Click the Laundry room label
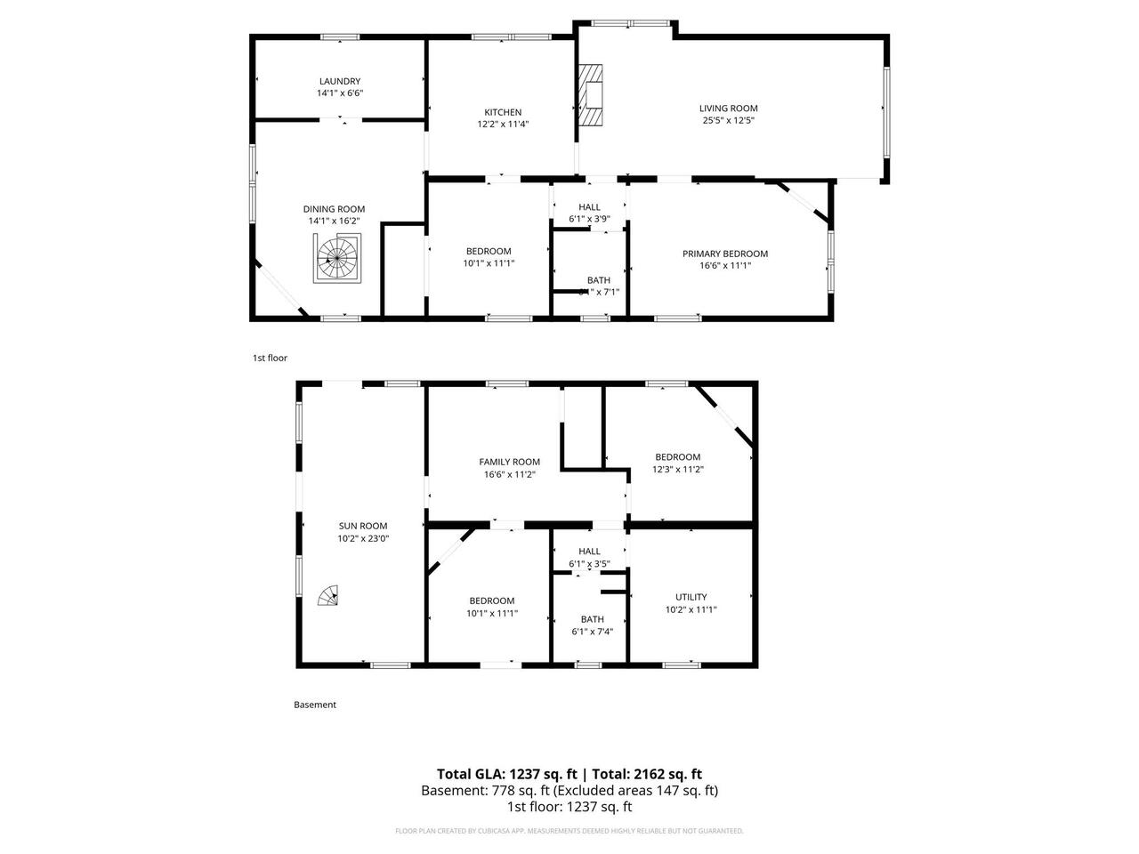click(340, 81)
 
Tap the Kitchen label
click(503, 112)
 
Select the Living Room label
click(728, 109)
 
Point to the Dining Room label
click(336, 209)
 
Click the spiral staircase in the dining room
click(337, 258)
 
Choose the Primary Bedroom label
click(724, 254)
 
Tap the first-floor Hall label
click(589, 207)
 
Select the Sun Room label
click(362, 526)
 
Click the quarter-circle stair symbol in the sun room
click(330, 595)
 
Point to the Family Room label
click(509, 462)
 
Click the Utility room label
click(691, 597)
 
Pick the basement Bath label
click(592, 619)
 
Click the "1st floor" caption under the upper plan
click(270, 358)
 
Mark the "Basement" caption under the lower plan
click(315, 705)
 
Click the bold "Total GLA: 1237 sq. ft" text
click(506, 774)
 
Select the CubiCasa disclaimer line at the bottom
click(569, 831)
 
